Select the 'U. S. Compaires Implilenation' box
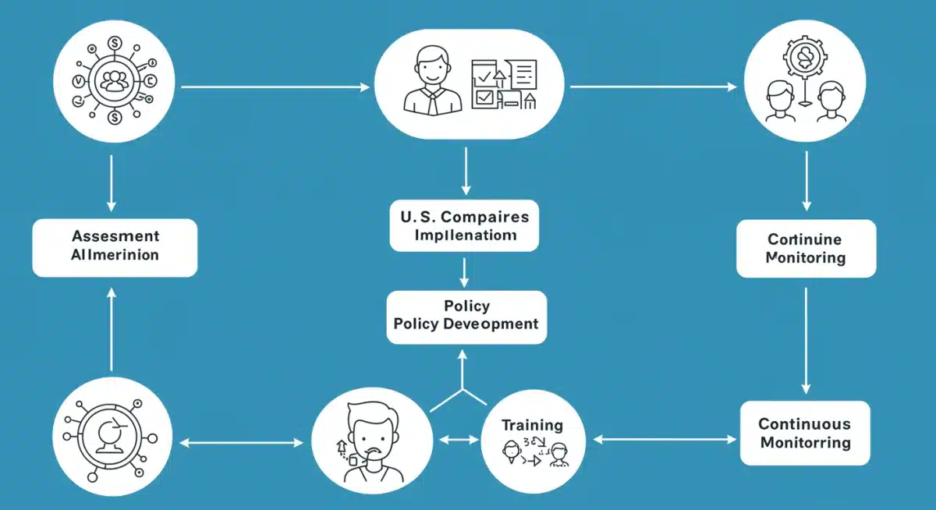464,225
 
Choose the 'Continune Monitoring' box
806,248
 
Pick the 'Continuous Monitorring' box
805,433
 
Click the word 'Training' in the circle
532,425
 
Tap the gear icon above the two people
803,59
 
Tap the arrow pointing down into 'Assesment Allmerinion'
112,183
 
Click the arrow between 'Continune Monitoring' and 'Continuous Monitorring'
807,339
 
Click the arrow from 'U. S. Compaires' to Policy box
465,271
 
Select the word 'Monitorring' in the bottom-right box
805,443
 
